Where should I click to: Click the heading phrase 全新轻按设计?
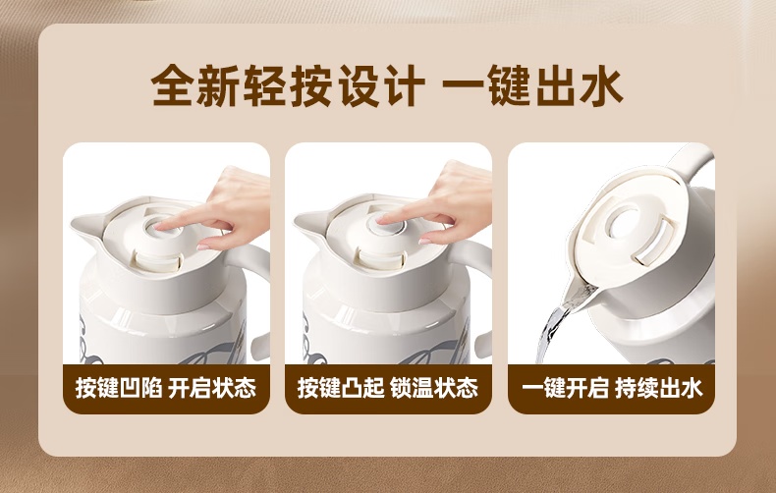(288, 85)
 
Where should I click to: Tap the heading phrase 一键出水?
(532, 85)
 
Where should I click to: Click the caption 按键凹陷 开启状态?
(166, 388)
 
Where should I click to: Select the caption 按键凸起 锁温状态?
(388, 388)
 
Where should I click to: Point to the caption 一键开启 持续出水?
(612, 388)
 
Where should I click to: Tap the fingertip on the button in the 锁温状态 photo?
(382, 220)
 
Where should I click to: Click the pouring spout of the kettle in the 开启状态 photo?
(85, 224)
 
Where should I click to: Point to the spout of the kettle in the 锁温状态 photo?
(307, 222)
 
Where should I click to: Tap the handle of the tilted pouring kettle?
(691, 161)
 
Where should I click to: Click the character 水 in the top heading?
(601, 85)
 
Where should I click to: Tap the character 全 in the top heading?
(172, 85)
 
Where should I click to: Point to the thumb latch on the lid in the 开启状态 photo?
(156, 261)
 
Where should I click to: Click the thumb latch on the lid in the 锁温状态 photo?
(381, 259)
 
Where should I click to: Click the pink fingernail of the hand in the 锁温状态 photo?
(424, 242)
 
